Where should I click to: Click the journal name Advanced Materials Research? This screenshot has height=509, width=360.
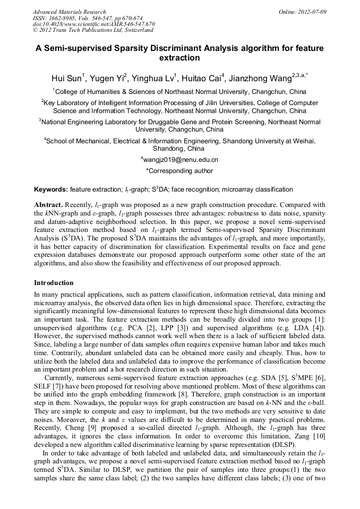(x=69, y=12)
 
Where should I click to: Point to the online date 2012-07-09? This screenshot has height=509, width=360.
(x=313, y=12)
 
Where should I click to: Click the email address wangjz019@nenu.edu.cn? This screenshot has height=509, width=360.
(x=179, y=159)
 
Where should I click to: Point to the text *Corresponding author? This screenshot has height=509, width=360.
(x=179, y=171)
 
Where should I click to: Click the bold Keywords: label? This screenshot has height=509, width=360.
(x=51, y=189)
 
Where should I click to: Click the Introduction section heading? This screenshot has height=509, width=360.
(x=54, y=283)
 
